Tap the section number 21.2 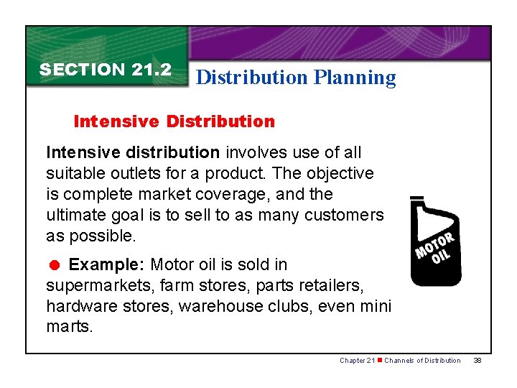pyautogui.click(x=152, y=70)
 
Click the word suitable pyautogui.click(x=74, y=173)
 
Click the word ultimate pyautogui.click(x=75, y=215)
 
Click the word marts pyautogui.click(x=69, y=327)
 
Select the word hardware pyautogui.click(x=79, y=306)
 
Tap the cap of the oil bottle pyautogui.click(x=416, y=198)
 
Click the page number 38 pyautogui.click(x=478, y=361)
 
